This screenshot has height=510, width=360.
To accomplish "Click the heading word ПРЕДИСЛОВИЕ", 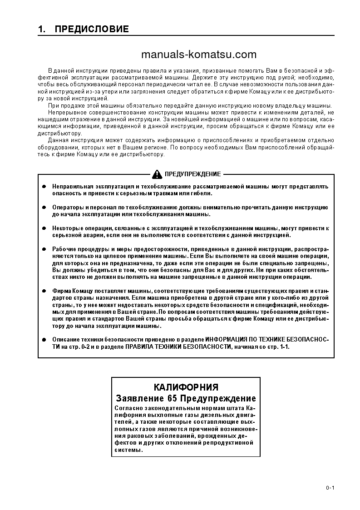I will click(92, 30).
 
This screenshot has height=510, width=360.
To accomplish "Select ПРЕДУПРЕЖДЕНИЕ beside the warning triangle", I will click(192, 174).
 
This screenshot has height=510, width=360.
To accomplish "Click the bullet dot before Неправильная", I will click(44, 187).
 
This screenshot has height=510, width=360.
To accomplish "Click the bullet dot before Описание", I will click(44, 340).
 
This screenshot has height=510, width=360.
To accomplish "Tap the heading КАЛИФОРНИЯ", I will click(186, 387).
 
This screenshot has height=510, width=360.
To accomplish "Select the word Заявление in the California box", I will click(138, 399).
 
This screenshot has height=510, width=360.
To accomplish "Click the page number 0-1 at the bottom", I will click(330, 488).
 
